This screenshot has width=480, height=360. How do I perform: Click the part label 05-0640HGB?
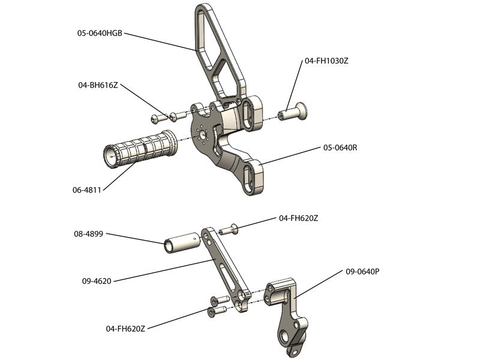[100, 34]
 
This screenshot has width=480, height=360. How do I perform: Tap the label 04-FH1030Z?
[326, 61]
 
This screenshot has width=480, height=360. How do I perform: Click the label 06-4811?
[86, 190]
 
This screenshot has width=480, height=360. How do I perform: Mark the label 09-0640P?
[362, 271]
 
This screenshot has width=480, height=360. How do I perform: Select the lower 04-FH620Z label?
[126, 328]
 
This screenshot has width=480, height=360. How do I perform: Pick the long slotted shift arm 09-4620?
[222, 264]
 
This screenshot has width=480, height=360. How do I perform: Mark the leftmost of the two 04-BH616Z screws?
[158, 116]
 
